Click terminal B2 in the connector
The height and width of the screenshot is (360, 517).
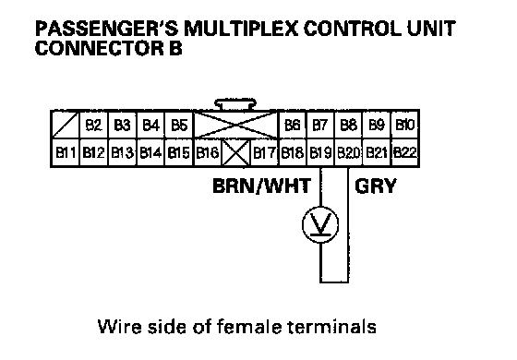(x=93, y=125)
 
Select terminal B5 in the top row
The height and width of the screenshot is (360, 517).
(x=179, y=125)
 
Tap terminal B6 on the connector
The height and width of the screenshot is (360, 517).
(x=293, y=125)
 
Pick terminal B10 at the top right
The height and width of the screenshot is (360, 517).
(x=404, y=125)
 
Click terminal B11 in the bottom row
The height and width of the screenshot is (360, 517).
(x=66, y=152)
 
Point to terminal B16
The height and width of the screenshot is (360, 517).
(x=208, y=152)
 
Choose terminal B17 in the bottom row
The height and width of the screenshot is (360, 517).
(x=264, y=152)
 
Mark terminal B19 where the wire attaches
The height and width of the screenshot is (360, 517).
(x=320, y=152)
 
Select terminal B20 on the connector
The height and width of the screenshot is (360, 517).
(x=349, y=152)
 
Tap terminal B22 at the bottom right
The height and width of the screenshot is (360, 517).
(x=404, y=152)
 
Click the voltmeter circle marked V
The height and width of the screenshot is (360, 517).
(x=320, y=225)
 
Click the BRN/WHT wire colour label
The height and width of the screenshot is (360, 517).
(x=262, y=186)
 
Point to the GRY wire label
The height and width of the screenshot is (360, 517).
(x=376, y=186)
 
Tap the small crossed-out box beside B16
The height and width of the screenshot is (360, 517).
(x=236, y=152)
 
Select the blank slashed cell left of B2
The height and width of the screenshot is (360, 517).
(x=66, y=125)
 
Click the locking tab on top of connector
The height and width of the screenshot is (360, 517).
(x=234, y=104)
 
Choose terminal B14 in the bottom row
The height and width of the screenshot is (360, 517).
(x=150, y=152)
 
